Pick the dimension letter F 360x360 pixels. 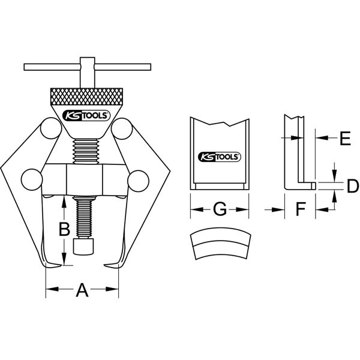pos(301,209)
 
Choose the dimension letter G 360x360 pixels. pos(220,209)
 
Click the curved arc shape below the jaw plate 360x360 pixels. pos(220,243)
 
